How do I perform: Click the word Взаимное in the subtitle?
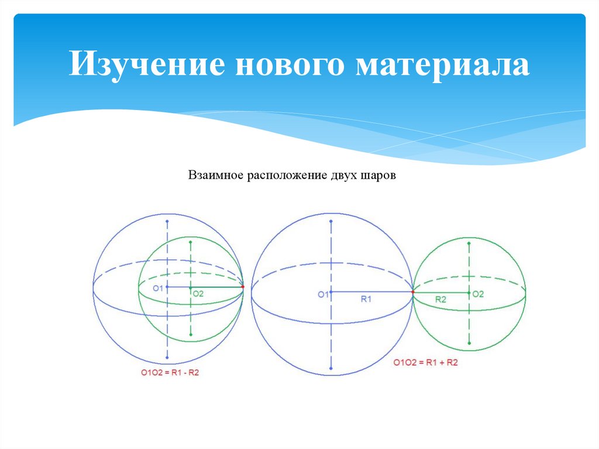(215, 176)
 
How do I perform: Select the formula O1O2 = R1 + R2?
(425, 363)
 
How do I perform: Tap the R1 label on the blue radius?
(367, 299)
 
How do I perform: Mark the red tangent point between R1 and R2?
(412, 292)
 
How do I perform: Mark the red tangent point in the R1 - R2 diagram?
(243, 287)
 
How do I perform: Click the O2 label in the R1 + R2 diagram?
(478, 294)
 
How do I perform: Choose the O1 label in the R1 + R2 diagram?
(323, 294)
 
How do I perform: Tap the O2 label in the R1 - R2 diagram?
(198, 294)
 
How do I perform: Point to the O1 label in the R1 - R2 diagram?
(158, 288)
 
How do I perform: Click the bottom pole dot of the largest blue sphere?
(331, 368)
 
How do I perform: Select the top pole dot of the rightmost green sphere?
(469, 240)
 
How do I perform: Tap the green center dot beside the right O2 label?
(469, 292)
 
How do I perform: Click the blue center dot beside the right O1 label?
(331, 292)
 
